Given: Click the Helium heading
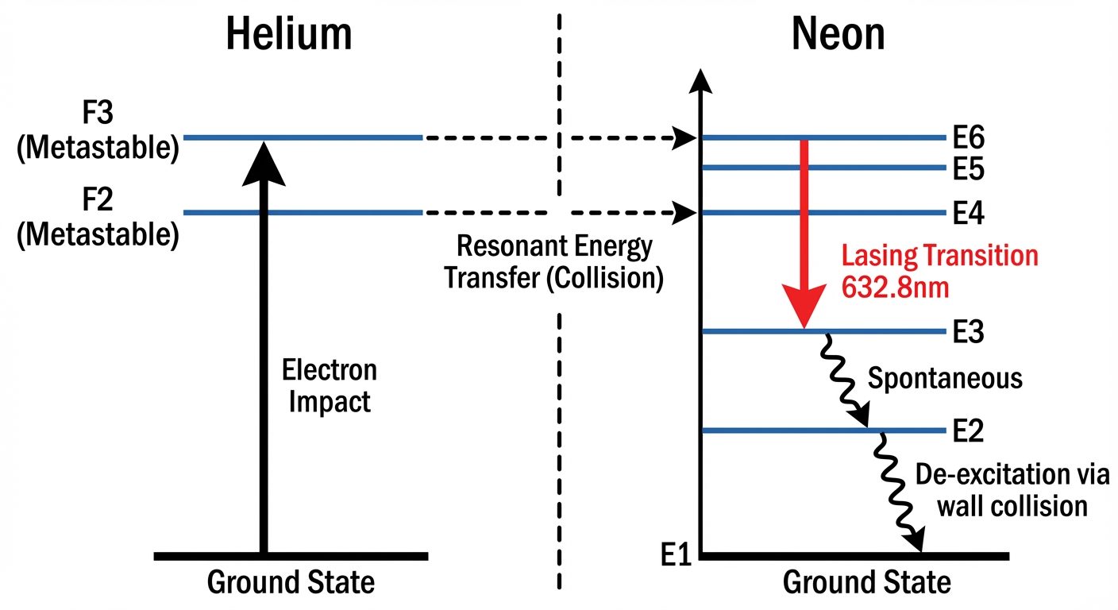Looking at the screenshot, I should click(x=288, y=36).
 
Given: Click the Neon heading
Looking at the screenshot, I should click(x=838, y=36).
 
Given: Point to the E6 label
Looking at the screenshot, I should click(x=969, y=138).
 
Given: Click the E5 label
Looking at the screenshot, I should click(x=969, y=168).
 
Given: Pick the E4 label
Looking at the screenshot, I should click(x=969, y=213).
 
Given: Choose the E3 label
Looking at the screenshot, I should click(x=969, y=331).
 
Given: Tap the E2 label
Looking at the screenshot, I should click(x=969, y=431).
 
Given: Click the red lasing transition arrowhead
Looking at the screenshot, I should click(x=804, y=310).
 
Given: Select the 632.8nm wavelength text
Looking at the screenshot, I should click(x=894, y=287).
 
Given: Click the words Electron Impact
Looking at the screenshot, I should click(x=330, y=385).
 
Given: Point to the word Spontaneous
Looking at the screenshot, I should click(x=944, y=379).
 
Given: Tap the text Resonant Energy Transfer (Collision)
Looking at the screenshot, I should click(x=553, y=263).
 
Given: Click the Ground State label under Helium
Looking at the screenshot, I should click(x=291, y=583).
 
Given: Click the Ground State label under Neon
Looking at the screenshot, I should click(x=866, y=583).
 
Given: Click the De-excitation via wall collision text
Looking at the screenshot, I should click(x=1011, y=490).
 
